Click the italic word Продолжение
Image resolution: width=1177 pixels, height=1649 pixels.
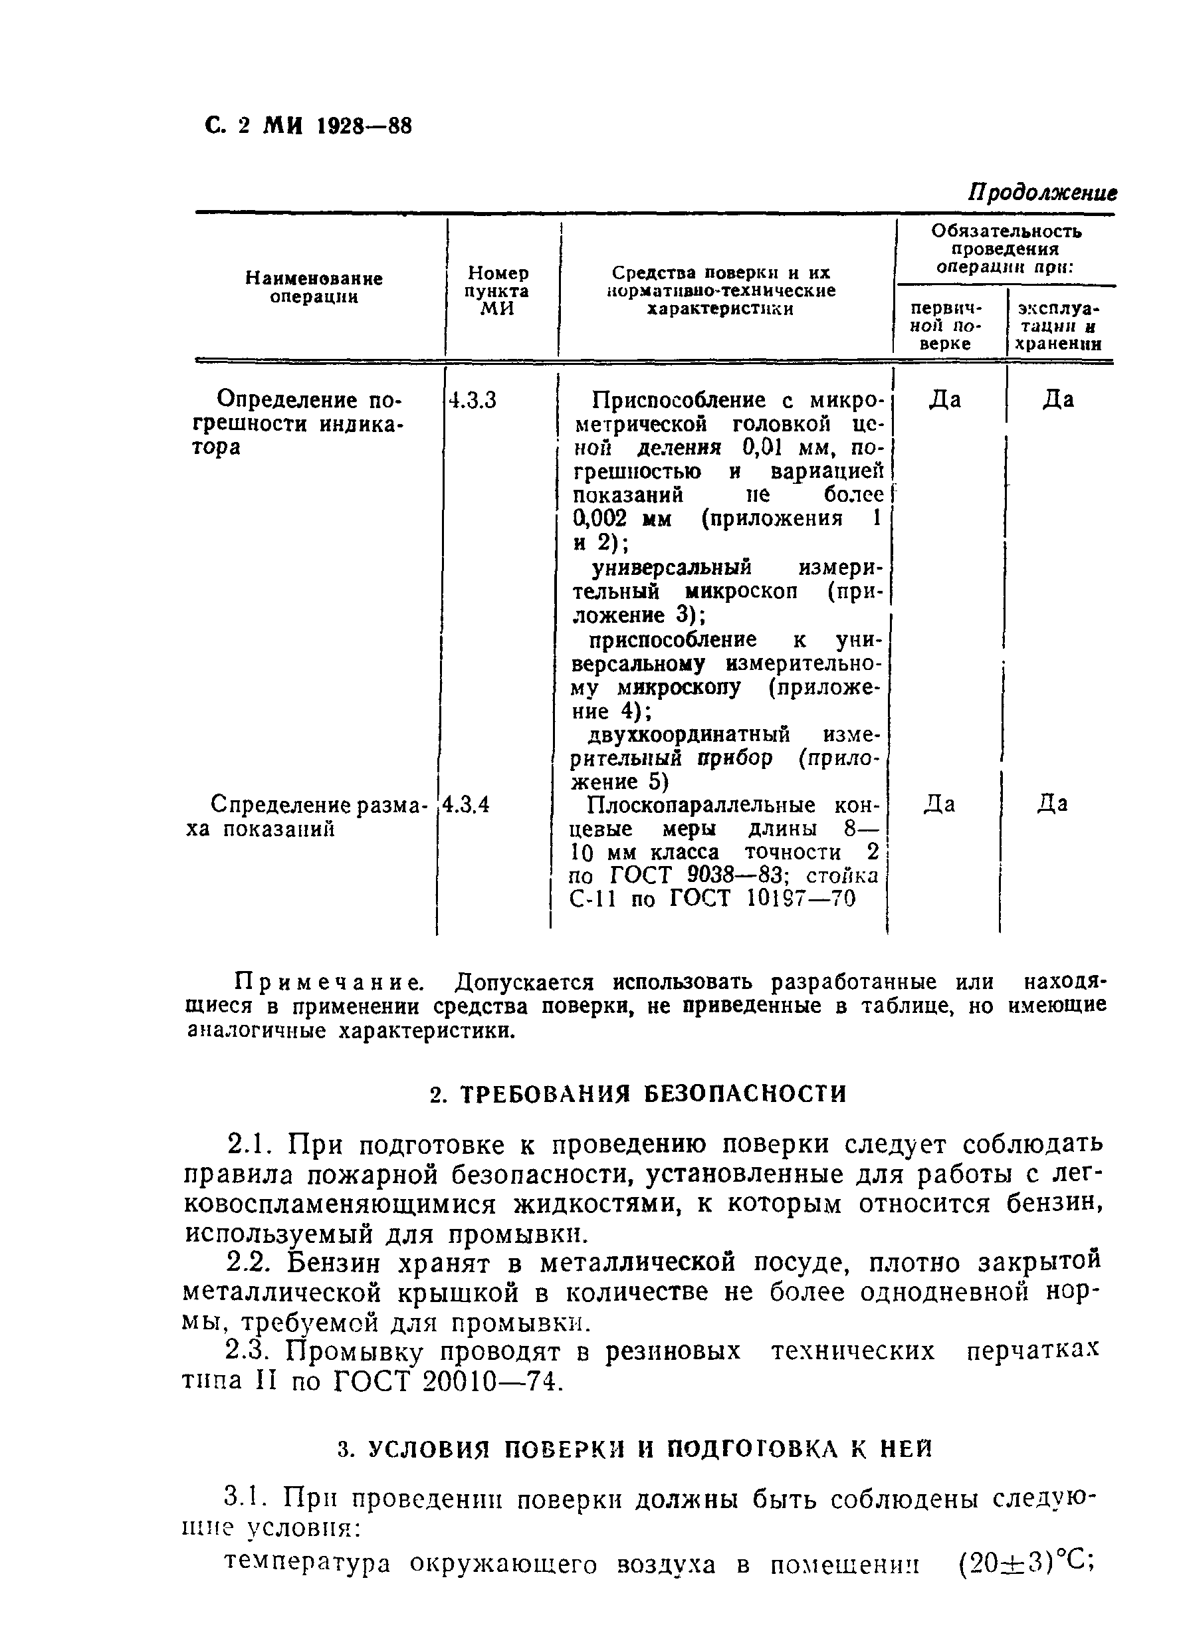1042,193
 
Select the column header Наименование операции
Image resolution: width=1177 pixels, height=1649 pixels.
313,288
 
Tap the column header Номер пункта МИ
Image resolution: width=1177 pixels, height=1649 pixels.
498,290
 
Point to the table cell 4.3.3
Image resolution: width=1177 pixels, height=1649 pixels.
473,401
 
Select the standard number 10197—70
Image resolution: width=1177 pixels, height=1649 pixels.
801,899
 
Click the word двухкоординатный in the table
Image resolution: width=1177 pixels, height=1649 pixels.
688,735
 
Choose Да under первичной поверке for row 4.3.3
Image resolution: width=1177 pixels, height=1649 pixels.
945,400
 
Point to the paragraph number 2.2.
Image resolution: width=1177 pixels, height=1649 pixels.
247,1264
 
